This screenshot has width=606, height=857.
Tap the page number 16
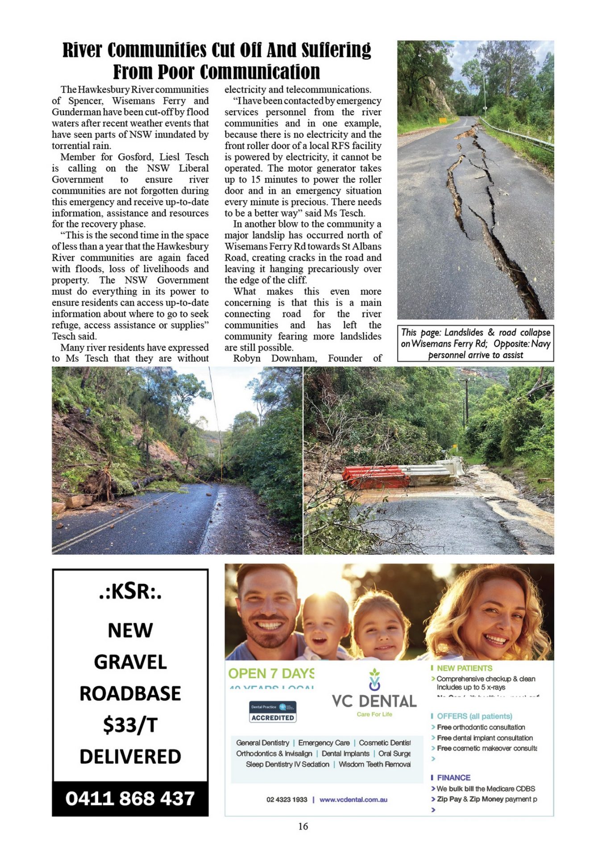pyautogui.click(x=303, y=826)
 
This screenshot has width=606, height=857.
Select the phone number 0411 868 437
pyautogui.click(x=130, y=799)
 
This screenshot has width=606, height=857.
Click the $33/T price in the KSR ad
pyautogui.click(x=130, y=725)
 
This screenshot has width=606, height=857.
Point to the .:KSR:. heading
pyautogui.click(x=130, y=592)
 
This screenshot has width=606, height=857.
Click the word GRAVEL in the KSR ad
pyautogui.click(x=130, y=662)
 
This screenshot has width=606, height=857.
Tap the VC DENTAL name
pyautogui.click(x=374, y=701)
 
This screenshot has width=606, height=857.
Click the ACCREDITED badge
pyautogui.click(x=273, y=718)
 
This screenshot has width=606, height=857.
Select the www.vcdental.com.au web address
pyautogui.click(x=353, y=799)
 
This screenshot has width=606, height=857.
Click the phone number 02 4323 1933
pyautogui.click(x=287, y=799)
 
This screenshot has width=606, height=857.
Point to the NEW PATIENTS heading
pyautogui.click(x=464, y=668)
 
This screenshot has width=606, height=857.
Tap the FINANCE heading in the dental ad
pyautogui.click(x=453, y=778)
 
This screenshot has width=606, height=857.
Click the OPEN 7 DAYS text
pyautogui.click(x=271, y=674)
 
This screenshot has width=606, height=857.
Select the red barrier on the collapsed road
pyautogui.click(x=375, y=477)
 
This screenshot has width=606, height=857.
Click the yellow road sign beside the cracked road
pyautogui.click(x=442, y=120)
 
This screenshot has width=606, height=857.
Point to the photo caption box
pyautogui.click(x=475, y=343)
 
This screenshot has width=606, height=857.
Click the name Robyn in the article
pyautogui.click(x=247, y=358)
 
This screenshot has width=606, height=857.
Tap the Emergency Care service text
pyautogui.click(x=324, y=743)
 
